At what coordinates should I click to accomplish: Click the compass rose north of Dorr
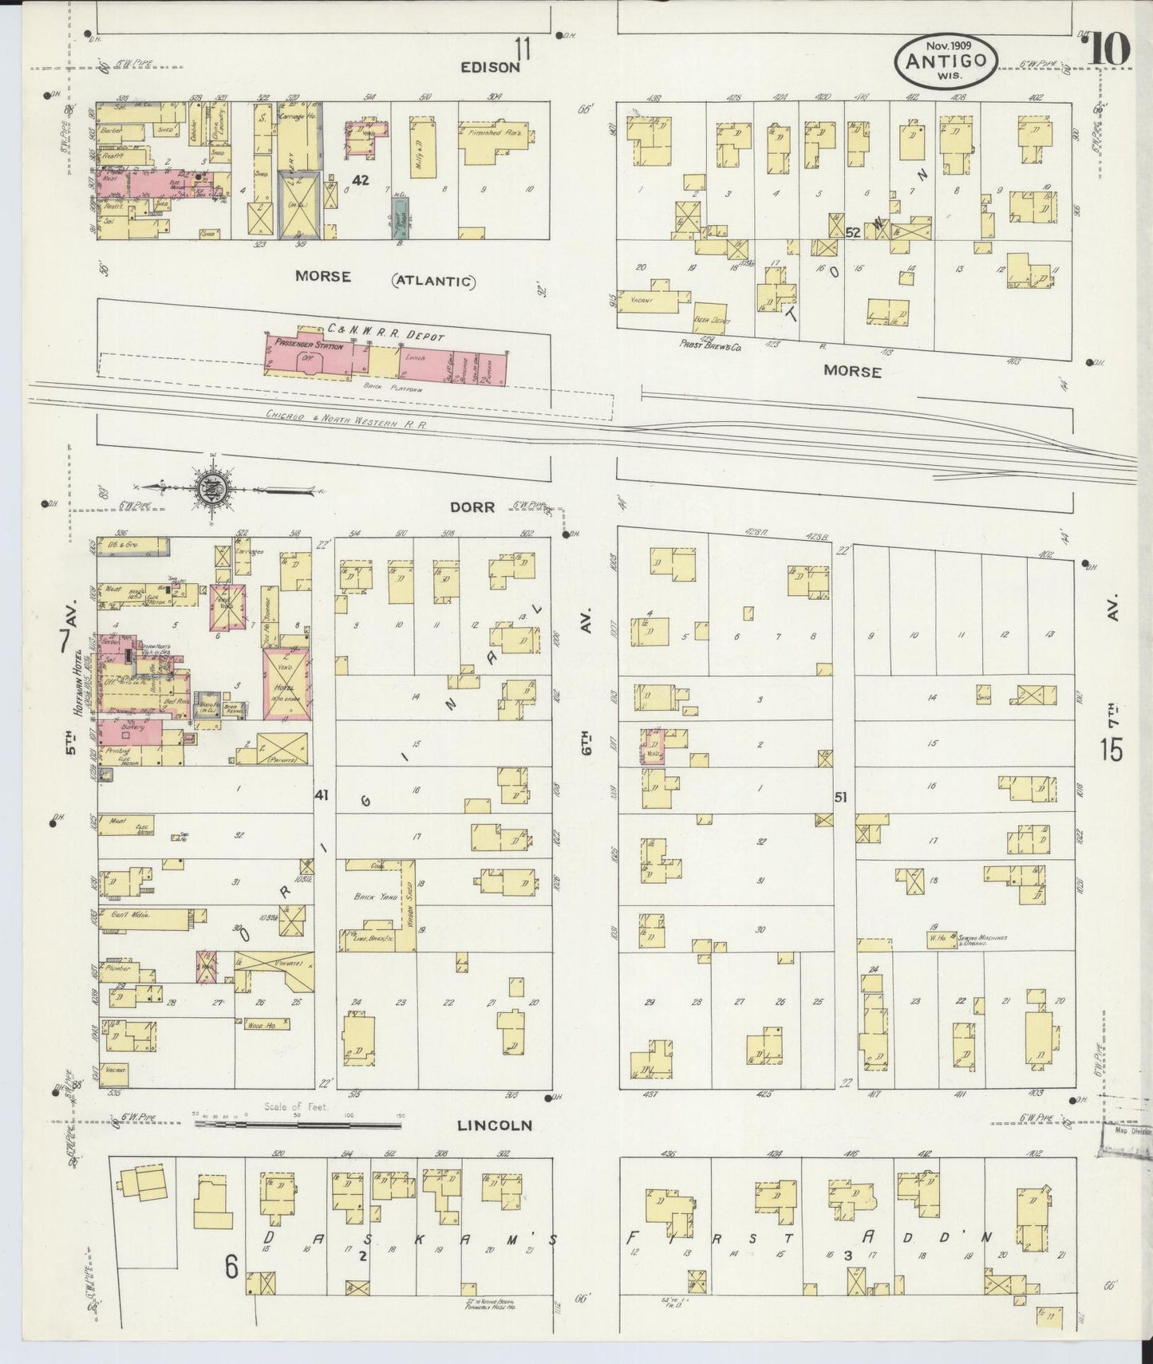point(213,487)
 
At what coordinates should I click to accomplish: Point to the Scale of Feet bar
point(298,1125)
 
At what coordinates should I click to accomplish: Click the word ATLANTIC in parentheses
point(433,281)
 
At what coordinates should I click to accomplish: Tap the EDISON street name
point(490,68)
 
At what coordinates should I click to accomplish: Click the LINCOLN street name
point(494,1125)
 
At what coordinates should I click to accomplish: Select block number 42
point(361,181)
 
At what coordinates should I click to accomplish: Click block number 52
point(853,233)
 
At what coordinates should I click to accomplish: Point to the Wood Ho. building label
point(263,1023)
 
